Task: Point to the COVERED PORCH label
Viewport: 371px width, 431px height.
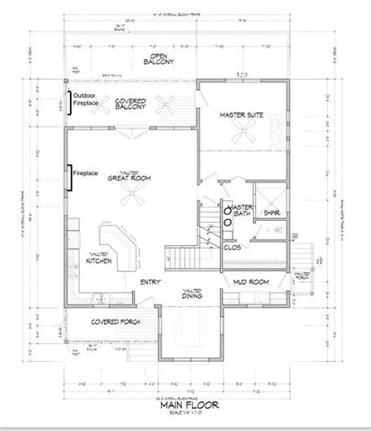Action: point(112,321)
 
